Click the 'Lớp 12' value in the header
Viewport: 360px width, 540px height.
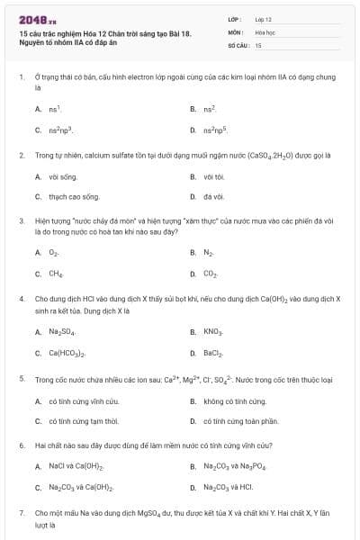264,18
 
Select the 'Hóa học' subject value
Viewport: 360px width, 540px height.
265,31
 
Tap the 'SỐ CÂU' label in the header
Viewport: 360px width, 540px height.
238,44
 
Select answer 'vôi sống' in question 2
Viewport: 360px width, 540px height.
65,176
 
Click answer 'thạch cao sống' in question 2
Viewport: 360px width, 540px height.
74,195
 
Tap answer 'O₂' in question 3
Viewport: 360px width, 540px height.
55,253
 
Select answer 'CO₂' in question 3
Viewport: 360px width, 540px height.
211,273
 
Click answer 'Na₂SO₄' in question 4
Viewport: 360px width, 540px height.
62,331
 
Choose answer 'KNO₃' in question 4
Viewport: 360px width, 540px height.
213,331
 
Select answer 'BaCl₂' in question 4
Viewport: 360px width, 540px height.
213,352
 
